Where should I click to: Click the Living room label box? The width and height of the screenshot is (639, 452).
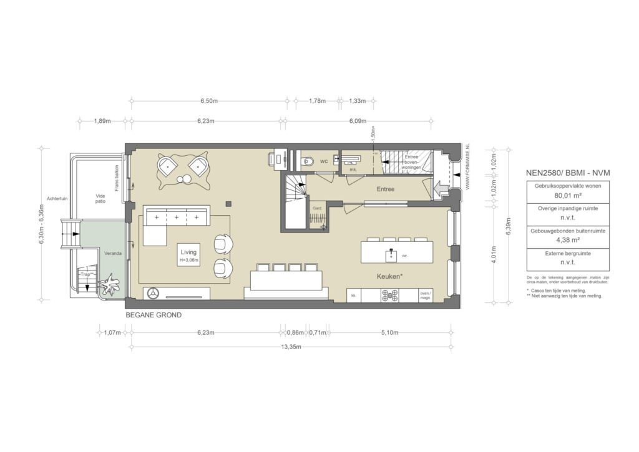click(188, 256)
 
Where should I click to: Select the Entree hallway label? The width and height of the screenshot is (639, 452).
click(384, 188)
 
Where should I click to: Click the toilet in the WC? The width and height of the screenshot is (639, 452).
click(306, 161)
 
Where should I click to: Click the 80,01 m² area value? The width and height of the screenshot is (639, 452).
click(559, 195)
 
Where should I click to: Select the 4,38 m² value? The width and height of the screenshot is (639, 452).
click(559, 239)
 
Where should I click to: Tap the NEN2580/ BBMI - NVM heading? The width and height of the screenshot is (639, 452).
click(558, 171)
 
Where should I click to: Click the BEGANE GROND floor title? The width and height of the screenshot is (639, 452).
click(154, 315)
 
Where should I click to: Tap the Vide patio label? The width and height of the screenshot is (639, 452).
click(100, 198)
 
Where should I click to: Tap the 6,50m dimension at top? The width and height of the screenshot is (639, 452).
click(209, 100)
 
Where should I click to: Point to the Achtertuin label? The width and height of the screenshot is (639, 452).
click(57, 199)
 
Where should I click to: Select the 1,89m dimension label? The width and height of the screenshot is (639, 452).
click(102, 121)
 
